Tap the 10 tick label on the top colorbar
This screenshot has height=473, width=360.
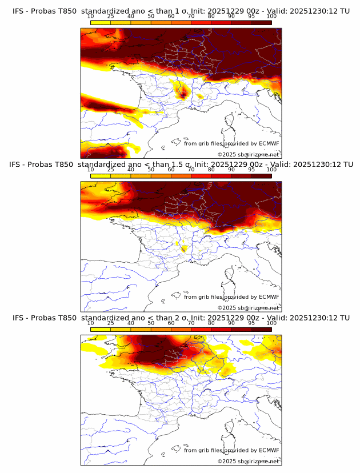click(x=91, y=17)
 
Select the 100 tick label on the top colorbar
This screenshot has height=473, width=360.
click(x=271, y=17)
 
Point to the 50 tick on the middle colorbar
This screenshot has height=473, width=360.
click(x=151, y=170)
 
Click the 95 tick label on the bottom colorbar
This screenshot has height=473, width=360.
click(x=251, y=323)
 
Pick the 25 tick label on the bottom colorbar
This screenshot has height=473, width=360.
click(x=111, y=323)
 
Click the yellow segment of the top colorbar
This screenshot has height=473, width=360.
click(x=101, y=22)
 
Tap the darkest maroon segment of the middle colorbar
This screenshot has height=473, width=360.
click(x=261, y=175)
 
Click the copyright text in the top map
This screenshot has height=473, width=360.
click(x=248, y=155)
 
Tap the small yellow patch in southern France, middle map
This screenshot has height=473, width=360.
click(x=183, y=247)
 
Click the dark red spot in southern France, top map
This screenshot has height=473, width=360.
click(x=183, y=93)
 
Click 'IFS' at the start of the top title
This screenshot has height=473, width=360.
click(x=18, y=11)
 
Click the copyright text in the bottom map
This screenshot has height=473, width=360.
click(x=248, y=461)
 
